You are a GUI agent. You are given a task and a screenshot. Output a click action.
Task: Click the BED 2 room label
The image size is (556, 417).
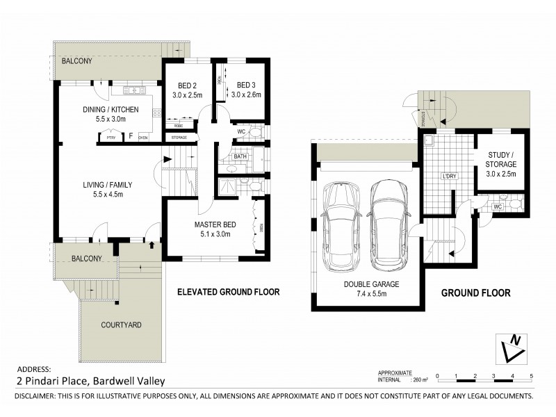[181, 86]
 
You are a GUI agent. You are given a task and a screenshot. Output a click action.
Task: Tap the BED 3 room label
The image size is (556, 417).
[246, 86]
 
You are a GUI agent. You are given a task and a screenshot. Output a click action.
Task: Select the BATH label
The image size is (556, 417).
[240, 157]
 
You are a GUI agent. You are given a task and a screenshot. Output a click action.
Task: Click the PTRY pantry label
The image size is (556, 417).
[111, 138]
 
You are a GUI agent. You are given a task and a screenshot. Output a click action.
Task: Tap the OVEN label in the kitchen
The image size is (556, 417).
[143, 138]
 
